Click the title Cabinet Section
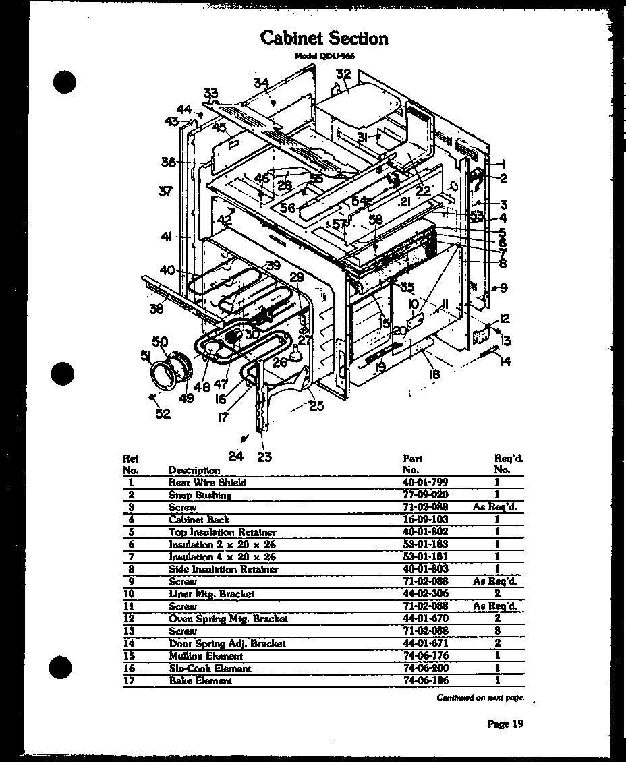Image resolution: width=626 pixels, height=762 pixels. [x=324, y=38]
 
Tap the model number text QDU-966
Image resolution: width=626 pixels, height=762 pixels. [x=324, y=57]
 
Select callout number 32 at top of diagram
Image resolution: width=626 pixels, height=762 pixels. [x=343, y=75]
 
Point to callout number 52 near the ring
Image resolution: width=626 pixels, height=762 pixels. [x=163, y=413]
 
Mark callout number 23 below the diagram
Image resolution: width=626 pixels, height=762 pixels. [x=264, y=457]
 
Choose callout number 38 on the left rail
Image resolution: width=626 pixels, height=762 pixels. [x=156, y=309]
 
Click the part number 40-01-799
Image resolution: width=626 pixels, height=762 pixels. [x=425, y=482]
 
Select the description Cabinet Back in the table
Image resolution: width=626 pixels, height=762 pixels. [x=198, y=519]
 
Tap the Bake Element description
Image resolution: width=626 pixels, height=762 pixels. [x=200, y=681]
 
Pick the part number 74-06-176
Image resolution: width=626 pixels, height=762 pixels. [x=425, y=655]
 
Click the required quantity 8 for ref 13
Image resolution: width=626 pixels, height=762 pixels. [x=497, y=631]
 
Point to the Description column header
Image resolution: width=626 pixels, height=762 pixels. [x=194, y=470]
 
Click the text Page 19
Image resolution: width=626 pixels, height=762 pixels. [x=505, y=724]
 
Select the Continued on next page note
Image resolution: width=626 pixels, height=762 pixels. [x=480, y=698]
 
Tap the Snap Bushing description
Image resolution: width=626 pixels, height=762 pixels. [x=200, y=495]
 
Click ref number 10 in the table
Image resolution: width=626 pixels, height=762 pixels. [x=131, y=594]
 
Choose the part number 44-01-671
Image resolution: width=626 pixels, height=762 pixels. [x=425, y=643]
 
